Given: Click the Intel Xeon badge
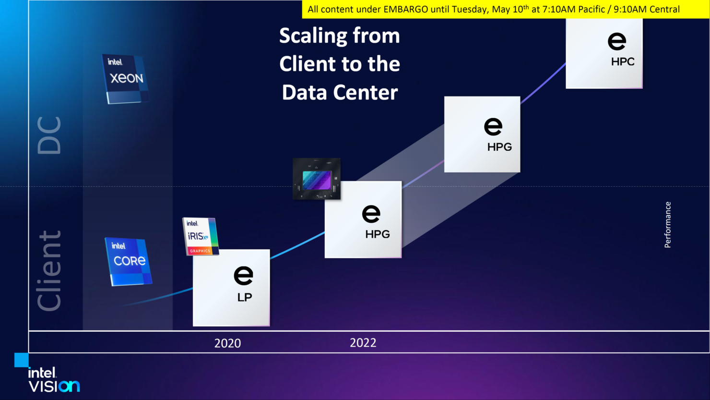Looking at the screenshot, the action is (126, 79).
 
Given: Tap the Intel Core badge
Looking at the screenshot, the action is (129, 262).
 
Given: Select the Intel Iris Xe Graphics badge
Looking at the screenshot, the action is (201, 236).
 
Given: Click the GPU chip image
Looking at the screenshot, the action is (317, 179).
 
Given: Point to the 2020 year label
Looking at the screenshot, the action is (227, 343).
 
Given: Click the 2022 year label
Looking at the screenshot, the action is (363, 343).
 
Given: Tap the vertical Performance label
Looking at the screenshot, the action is (667, 225).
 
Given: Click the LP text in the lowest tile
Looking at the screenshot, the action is (245, 297).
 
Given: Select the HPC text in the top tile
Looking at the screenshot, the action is (623, 61).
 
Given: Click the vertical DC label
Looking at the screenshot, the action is (49, 135).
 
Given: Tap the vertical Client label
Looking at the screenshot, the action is (49, 270).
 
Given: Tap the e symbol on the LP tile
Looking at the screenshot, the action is (243, 275).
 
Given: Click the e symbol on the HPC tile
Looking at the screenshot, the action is (617, 41).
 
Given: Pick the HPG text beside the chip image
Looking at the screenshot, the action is (377, 234).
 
